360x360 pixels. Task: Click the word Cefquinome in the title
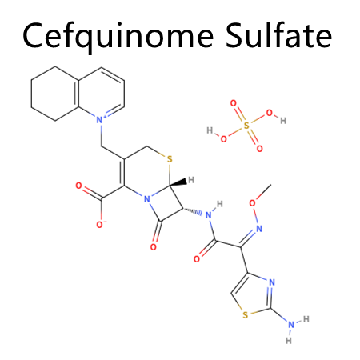118,37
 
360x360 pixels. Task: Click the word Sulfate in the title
278,35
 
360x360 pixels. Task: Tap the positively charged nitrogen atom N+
100,120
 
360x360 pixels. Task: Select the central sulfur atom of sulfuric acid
246,126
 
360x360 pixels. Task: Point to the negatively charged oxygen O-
101,225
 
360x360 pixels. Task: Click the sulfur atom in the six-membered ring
170,159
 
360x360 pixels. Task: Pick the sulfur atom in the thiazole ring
246,315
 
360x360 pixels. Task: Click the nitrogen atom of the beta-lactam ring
147,199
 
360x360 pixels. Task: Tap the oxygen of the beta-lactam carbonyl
153,247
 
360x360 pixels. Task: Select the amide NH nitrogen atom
209,214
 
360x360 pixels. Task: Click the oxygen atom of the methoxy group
252,203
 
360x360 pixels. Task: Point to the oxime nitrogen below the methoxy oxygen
259,229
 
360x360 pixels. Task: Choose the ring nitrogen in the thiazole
272,282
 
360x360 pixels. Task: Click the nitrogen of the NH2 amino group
291,325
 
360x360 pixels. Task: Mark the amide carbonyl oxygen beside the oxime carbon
197,259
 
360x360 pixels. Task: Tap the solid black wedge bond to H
178,183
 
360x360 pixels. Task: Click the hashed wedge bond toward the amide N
193,211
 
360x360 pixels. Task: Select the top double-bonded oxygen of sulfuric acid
234,103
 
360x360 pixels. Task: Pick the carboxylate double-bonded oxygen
78,186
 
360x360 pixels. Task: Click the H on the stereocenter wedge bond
191,180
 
